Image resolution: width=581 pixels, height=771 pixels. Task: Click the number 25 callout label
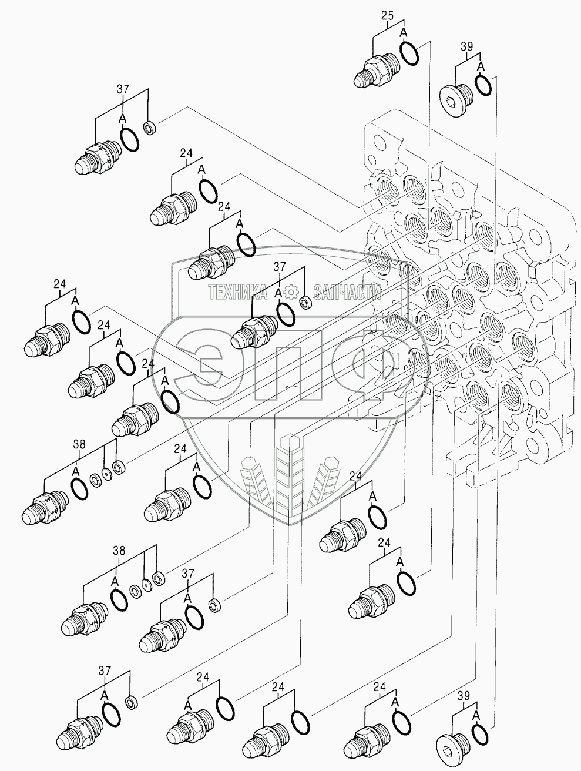pyautogui.click(x=387, y=16)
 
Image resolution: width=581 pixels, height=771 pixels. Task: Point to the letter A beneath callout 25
pyautogui.click(x=404, y=33)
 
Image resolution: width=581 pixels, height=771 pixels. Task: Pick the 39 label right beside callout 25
pyautogui.click(x=467, y=47)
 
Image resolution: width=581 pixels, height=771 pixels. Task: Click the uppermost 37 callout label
pyautogui.click(x=122, y=89)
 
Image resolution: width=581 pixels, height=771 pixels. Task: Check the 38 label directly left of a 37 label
pyautogui.click(x=119, y=551)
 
